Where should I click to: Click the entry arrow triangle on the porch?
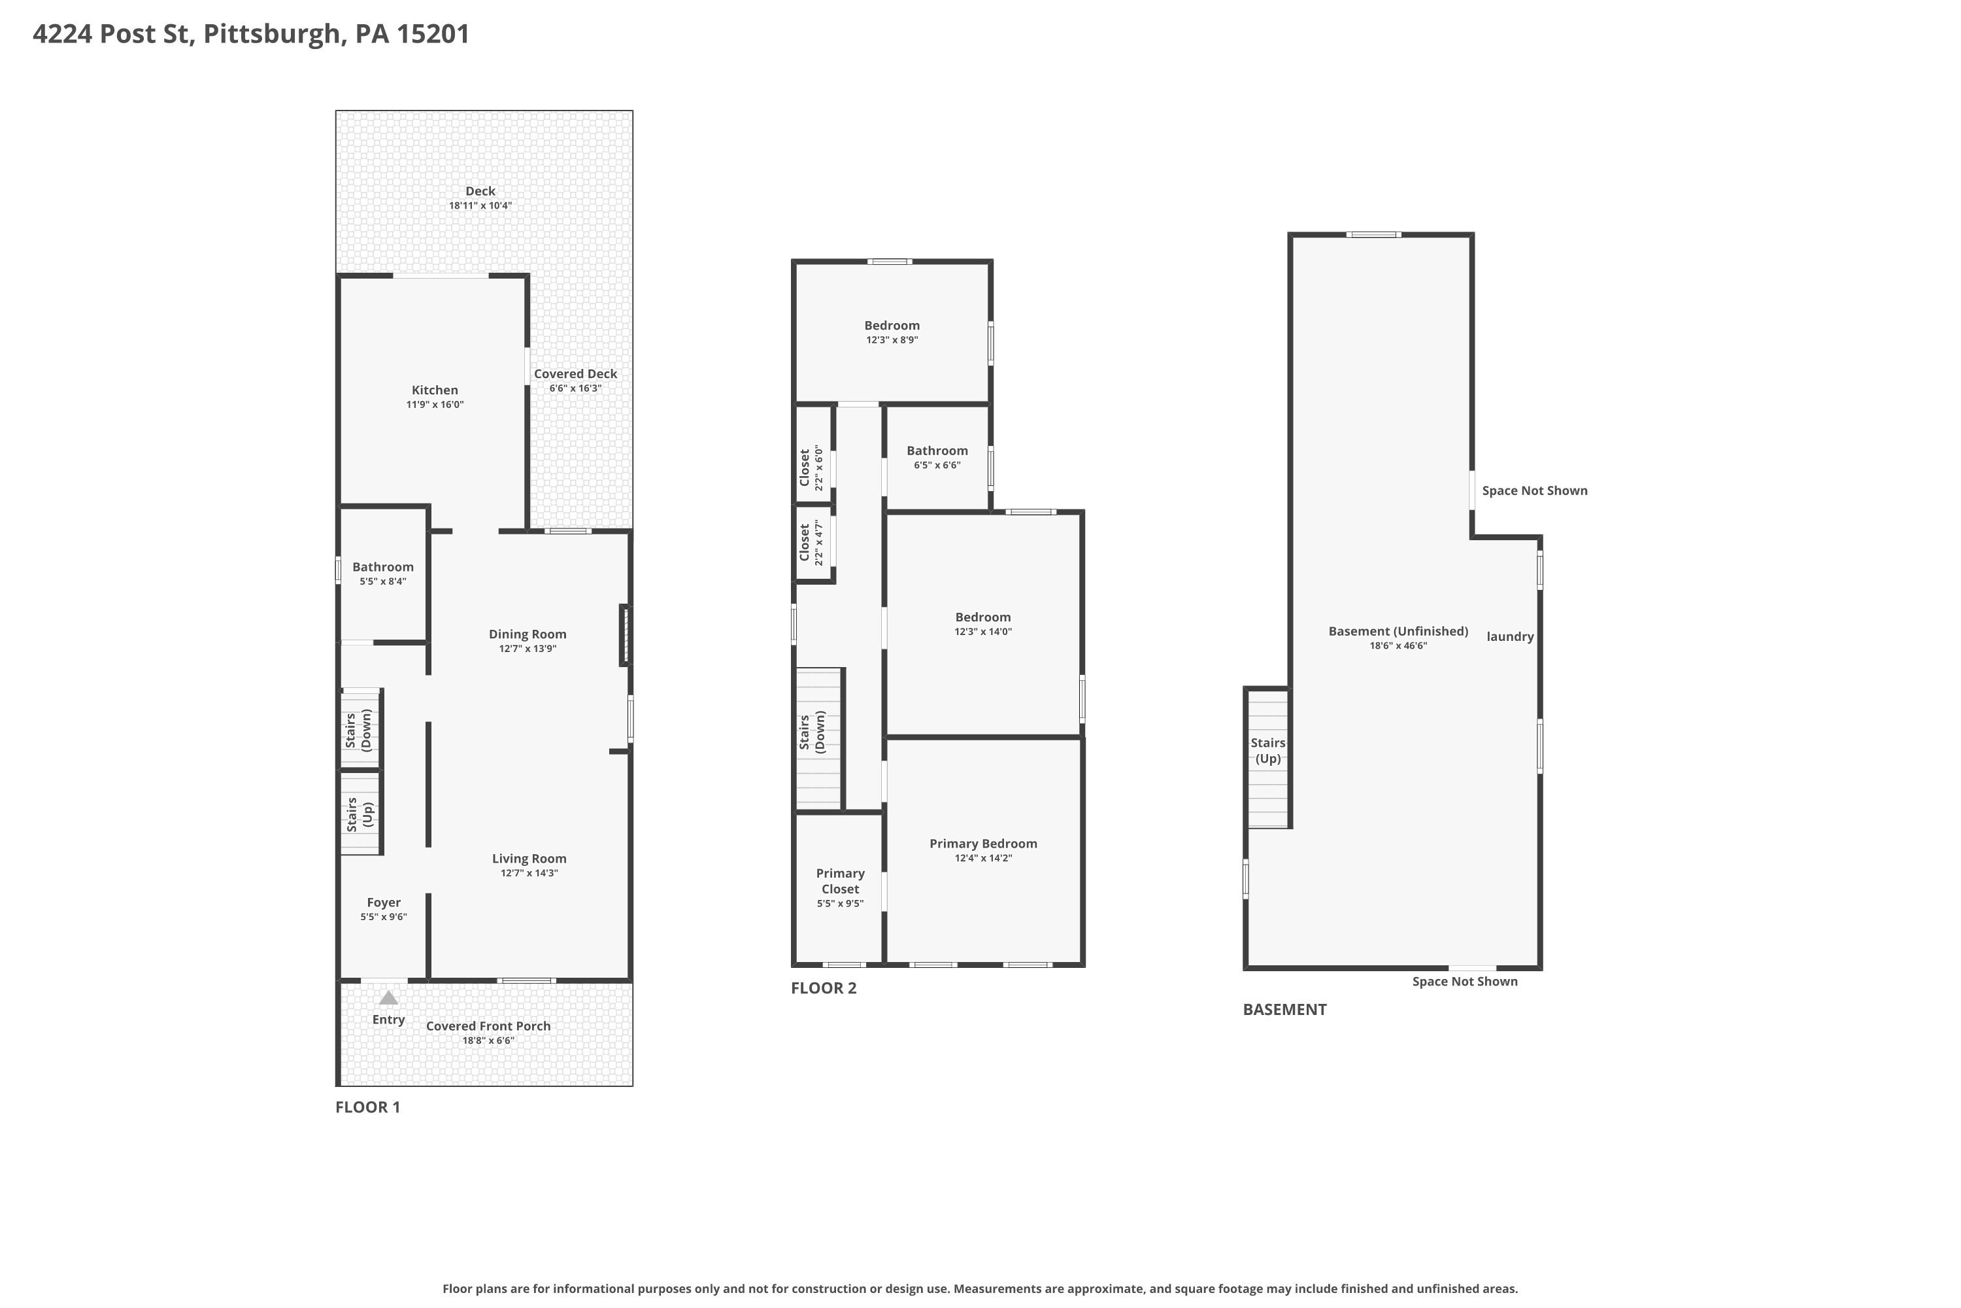pyautogui.click(x=388, y=998)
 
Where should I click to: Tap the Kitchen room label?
pyautogui.click(x=435, y=390)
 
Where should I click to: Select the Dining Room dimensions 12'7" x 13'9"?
pyautogui.click(x=528, y=649)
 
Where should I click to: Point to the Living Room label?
pyautogui.click(x=529, y=858)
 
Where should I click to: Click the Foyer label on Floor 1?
pyautogui.click(x=384, y=903)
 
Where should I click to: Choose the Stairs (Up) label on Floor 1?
pyautogui.click(x=360, y=814)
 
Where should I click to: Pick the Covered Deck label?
pyautogui.click(x=575, y=373)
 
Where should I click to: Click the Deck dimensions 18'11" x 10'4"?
pyautogui.click(x=480, y=205)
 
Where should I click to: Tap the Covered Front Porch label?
pyautogui.click(x=488, y=1026)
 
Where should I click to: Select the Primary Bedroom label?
pyautogui.click(x=983, y=844)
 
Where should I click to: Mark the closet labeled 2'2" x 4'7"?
pyautogui.click(x=811, y=543)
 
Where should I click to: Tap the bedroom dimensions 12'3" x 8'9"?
pyautogui.click(x=892, y=340)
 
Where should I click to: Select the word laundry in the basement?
pyautogui.click(x=1510, y=636)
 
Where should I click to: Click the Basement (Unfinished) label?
pyautogui.click(x=1398, y=632)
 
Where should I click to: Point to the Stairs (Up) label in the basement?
pyautogui.click(x=1268, y=751)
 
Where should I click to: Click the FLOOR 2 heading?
pyautogui.click(x=824, y=988)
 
